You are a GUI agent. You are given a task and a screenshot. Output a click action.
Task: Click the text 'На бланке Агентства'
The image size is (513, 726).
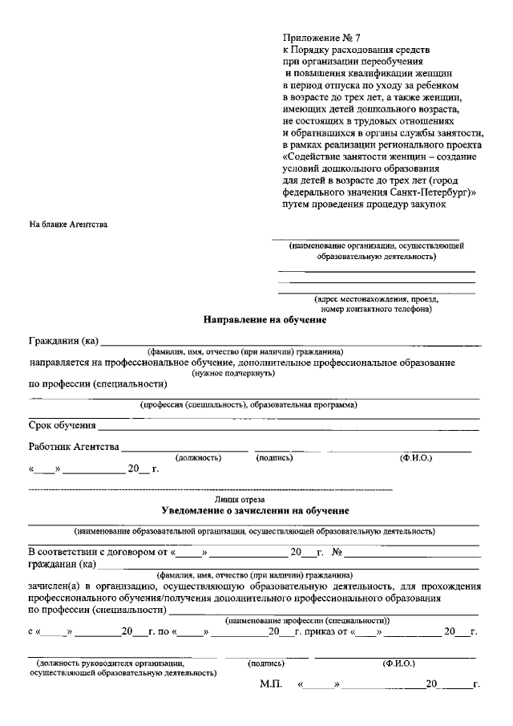click(x=68, y=224)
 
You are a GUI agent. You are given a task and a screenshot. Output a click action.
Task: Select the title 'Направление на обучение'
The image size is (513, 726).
click(x=264, y=320)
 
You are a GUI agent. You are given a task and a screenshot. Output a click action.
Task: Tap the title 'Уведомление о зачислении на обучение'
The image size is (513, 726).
click(x=254, y=510)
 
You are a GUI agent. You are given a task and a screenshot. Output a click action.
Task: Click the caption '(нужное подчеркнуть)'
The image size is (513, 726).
click(x=227, y=373)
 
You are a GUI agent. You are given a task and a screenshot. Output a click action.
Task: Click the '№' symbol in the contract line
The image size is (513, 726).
click(x=337, y=553)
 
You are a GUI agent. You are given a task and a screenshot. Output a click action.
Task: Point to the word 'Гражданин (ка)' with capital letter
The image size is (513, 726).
click(x=63, y=341)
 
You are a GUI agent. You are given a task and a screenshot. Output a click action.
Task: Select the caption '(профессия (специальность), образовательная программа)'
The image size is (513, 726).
click(x=249, y=405)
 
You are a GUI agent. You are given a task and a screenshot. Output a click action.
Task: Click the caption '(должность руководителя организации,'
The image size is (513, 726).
click(x=110, y=663)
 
